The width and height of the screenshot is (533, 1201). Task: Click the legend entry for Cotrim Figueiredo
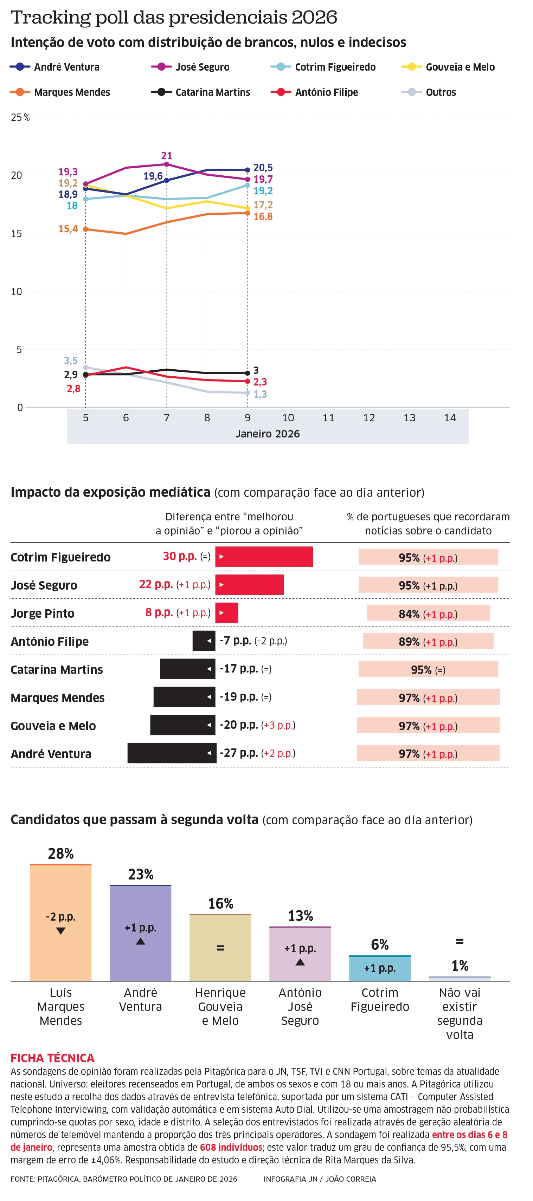pos(335,67)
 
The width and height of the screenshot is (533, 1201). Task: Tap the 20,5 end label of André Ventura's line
pos(263,168)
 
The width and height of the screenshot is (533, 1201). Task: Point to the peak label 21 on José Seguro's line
pos(167,156)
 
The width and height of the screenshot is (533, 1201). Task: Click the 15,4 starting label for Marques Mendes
pos(68,229)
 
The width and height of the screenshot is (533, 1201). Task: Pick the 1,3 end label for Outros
pos(260,395)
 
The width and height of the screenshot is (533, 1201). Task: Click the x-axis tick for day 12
pos(369,418)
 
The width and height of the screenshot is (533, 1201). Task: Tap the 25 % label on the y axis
pos(20,117)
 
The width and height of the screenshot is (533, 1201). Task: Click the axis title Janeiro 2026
pos(267,434)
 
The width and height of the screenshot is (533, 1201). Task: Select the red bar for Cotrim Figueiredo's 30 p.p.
pos(264,557)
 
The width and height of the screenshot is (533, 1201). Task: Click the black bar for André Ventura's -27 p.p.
pos(172,753)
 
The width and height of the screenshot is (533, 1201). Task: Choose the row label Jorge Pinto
pos(43,614)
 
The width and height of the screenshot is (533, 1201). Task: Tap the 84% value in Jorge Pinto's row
pos(409,614)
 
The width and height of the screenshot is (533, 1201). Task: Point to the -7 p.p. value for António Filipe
pos(236,641)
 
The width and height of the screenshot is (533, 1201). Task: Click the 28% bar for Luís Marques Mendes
pos(60,923)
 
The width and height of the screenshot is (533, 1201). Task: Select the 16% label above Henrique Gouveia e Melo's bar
pos(220,903)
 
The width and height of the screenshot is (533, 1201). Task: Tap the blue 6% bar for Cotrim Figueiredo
pos(380,968)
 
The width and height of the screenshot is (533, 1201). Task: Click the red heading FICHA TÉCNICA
pos(52,1058)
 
